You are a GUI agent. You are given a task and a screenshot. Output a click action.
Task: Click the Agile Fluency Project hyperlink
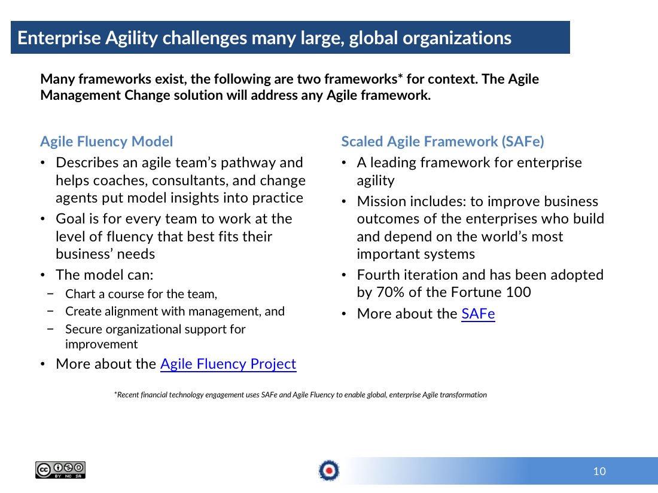[229, 364]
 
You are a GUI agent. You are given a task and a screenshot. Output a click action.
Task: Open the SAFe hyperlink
[478, 314]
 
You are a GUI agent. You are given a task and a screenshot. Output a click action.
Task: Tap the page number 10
[599, 471]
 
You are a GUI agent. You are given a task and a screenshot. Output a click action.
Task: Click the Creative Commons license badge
[60, 470]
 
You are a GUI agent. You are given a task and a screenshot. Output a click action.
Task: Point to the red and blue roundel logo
[329, 470]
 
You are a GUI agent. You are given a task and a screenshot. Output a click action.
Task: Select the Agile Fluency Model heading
[106, 142]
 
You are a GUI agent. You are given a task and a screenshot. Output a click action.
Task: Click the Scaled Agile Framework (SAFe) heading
[442, 142]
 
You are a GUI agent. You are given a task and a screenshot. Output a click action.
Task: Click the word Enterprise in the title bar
[59, 38]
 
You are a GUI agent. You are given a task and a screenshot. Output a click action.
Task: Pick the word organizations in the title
[457, 38]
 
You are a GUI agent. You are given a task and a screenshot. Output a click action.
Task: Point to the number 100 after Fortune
[518, 292]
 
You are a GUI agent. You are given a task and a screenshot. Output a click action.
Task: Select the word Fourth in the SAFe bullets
[378, 275]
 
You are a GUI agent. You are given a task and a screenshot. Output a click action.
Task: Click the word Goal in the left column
[69, 219]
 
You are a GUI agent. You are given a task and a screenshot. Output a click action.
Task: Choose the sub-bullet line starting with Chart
[141, 294]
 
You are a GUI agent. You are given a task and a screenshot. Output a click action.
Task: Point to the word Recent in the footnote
[128, 394]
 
